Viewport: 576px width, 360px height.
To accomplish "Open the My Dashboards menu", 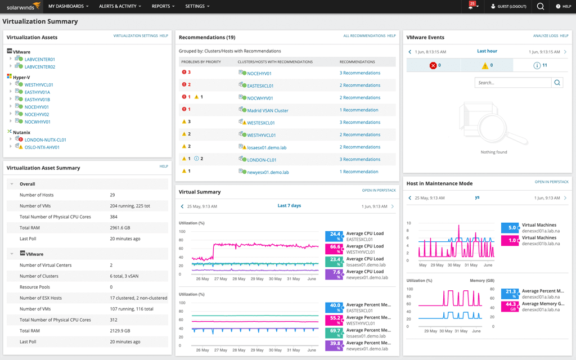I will [x=69, y=6].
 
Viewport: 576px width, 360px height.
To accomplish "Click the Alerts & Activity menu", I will [x=120, y=6].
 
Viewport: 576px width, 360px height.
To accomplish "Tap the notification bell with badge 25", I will [x=471, y=6].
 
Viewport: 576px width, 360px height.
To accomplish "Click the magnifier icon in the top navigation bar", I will [x=540, y=6].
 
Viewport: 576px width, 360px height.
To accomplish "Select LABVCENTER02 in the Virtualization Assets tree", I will [x=40, y=66].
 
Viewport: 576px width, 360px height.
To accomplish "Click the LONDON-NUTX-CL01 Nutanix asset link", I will [x=45, y=139].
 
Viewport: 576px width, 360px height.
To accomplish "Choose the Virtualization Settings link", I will [x=136, y=35].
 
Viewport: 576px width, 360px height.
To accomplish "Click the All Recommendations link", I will [x=364, y=35].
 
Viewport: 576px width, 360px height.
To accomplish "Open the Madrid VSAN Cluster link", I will [x=268, y=110].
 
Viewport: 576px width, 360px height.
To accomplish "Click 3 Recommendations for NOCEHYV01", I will [x=359, y=73].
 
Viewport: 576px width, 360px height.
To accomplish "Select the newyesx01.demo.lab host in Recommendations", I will [x=268, y=172].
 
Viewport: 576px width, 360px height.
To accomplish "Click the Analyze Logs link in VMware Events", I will [x=546, y=35].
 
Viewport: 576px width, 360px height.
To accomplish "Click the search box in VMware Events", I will [x=512, y=83].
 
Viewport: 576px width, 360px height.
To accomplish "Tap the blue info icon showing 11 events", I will [x=537, y=65].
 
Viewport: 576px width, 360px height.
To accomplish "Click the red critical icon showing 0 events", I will [x=433, y=65].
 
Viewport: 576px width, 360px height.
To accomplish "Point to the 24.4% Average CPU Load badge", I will [x=334, y=236].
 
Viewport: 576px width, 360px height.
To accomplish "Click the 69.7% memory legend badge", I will [x=334, y=333].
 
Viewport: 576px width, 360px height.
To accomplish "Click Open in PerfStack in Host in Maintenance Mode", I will [x=551, y=182].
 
